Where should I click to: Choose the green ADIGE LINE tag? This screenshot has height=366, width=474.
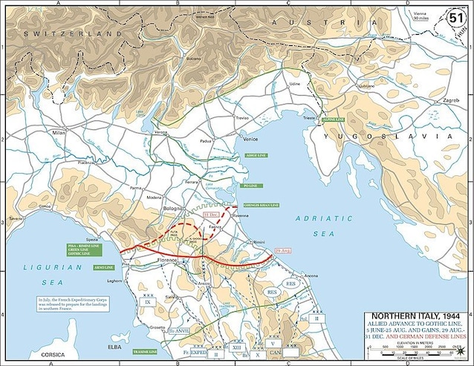click(x=259, y=156)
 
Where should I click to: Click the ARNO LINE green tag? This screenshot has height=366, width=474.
click(x=103, y=266)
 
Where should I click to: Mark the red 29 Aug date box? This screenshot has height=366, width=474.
click(x=282, y=251)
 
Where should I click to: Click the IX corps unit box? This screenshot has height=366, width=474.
click(x=147, y=302)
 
